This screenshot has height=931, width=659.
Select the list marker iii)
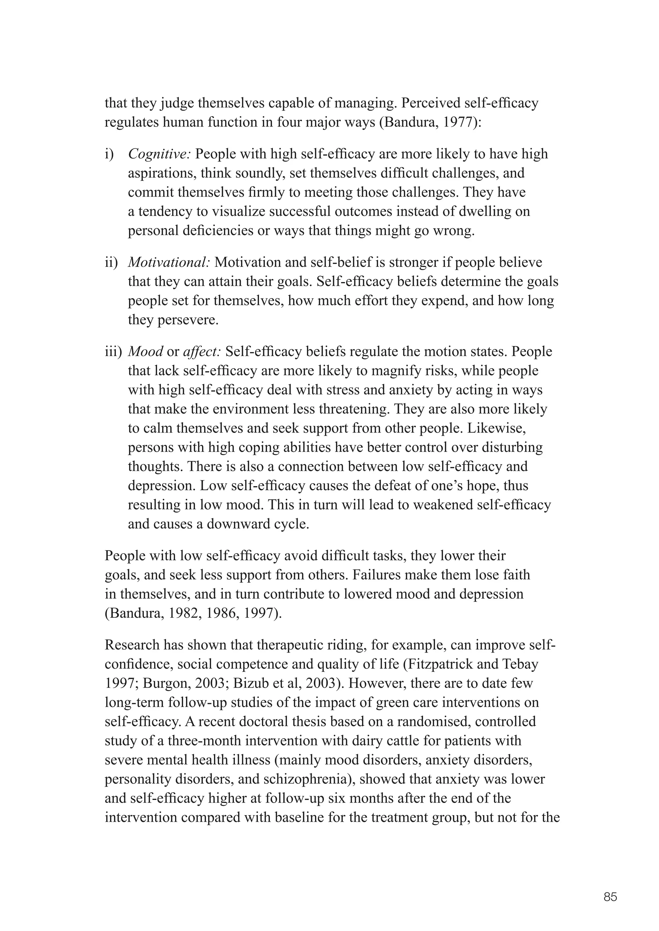113,352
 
